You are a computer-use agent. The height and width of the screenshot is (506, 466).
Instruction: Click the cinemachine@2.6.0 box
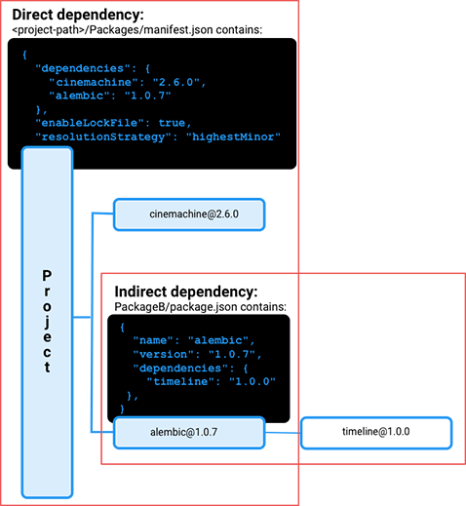pos(189,214)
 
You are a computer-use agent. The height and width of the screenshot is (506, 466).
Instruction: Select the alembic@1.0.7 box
pos(189,433)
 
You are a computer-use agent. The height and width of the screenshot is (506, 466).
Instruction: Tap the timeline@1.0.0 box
pos(376,433)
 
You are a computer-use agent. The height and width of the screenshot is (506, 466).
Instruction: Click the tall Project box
pos(47,322)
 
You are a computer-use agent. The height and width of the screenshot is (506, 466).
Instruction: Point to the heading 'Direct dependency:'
pos(78,15)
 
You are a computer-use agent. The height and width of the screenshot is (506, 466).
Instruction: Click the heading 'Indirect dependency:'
pos(186,292)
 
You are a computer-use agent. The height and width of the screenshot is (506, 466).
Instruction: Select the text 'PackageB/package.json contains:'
pos(200,307)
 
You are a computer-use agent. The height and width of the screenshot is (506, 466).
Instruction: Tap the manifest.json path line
pos(136,30)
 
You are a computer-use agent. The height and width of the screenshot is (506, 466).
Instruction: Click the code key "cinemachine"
pos(91,82)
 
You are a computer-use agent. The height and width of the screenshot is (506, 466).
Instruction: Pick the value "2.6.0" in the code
pos(176,82)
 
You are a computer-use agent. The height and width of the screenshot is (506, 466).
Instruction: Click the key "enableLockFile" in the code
pos(90,123)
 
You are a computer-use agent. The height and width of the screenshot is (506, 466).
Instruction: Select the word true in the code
pos(172,123)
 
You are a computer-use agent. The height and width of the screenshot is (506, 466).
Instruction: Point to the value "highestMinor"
pos(233,136)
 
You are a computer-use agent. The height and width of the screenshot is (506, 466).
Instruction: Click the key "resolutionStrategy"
pos(103,136)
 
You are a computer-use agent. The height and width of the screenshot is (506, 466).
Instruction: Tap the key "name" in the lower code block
pos(153,340)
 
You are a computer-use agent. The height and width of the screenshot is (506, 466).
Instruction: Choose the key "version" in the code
pos(163,354)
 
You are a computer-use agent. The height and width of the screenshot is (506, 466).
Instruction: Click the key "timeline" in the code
pos(180,381)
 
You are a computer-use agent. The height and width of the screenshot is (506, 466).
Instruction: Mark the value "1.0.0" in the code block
pos(252,381)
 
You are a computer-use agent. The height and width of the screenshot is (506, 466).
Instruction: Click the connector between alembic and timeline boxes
pos(283,433)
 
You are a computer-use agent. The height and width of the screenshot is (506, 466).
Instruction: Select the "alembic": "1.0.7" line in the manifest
pos(110,96)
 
